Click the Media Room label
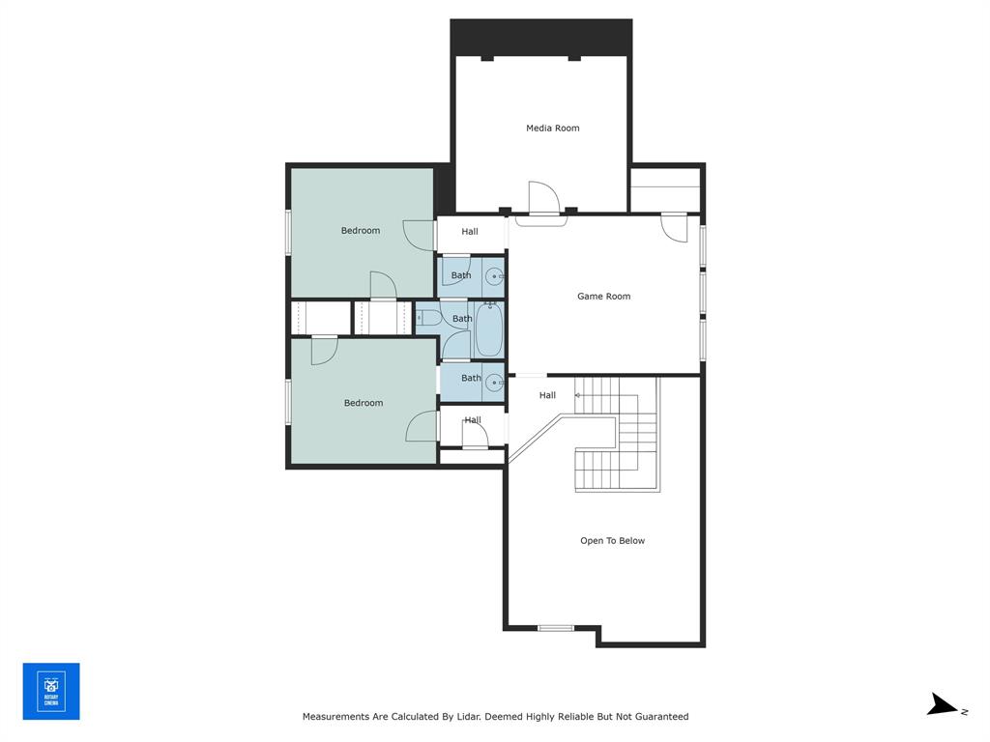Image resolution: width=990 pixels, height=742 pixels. [x=552, y=128]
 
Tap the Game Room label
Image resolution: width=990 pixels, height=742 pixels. [x=603, y=297]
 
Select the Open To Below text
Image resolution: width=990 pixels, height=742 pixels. [x=612, y=541]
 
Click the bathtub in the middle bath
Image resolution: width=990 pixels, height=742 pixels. [x=488, y=329]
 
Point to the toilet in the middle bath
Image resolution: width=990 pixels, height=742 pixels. [x=425, y=317]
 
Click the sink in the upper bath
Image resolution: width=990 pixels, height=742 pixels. [x=493, y=277]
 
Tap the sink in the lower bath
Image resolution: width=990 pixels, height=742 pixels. [x=493, y=382]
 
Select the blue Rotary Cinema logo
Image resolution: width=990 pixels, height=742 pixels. [x=51, y=691]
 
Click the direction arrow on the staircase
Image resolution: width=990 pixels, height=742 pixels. [x=579, y=395]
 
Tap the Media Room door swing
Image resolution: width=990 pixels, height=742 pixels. [x=543, y=197]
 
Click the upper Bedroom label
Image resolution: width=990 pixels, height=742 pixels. [x=360, y=231]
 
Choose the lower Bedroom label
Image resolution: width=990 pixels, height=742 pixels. [x=363, y=403]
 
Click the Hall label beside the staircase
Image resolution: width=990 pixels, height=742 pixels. [x=547, y=395]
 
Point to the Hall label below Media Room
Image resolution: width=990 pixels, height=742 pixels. [x=469, y=232]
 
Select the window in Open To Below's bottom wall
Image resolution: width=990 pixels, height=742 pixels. [x=556, y=628]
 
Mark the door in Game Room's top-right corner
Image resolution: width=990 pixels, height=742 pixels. [x=674, y=226]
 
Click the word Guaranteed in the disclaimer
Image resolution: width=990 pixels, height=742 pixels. [x=655, y=717]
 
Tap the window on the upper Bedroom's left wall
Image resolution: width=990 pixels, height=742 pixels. [x=288, y=232]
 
